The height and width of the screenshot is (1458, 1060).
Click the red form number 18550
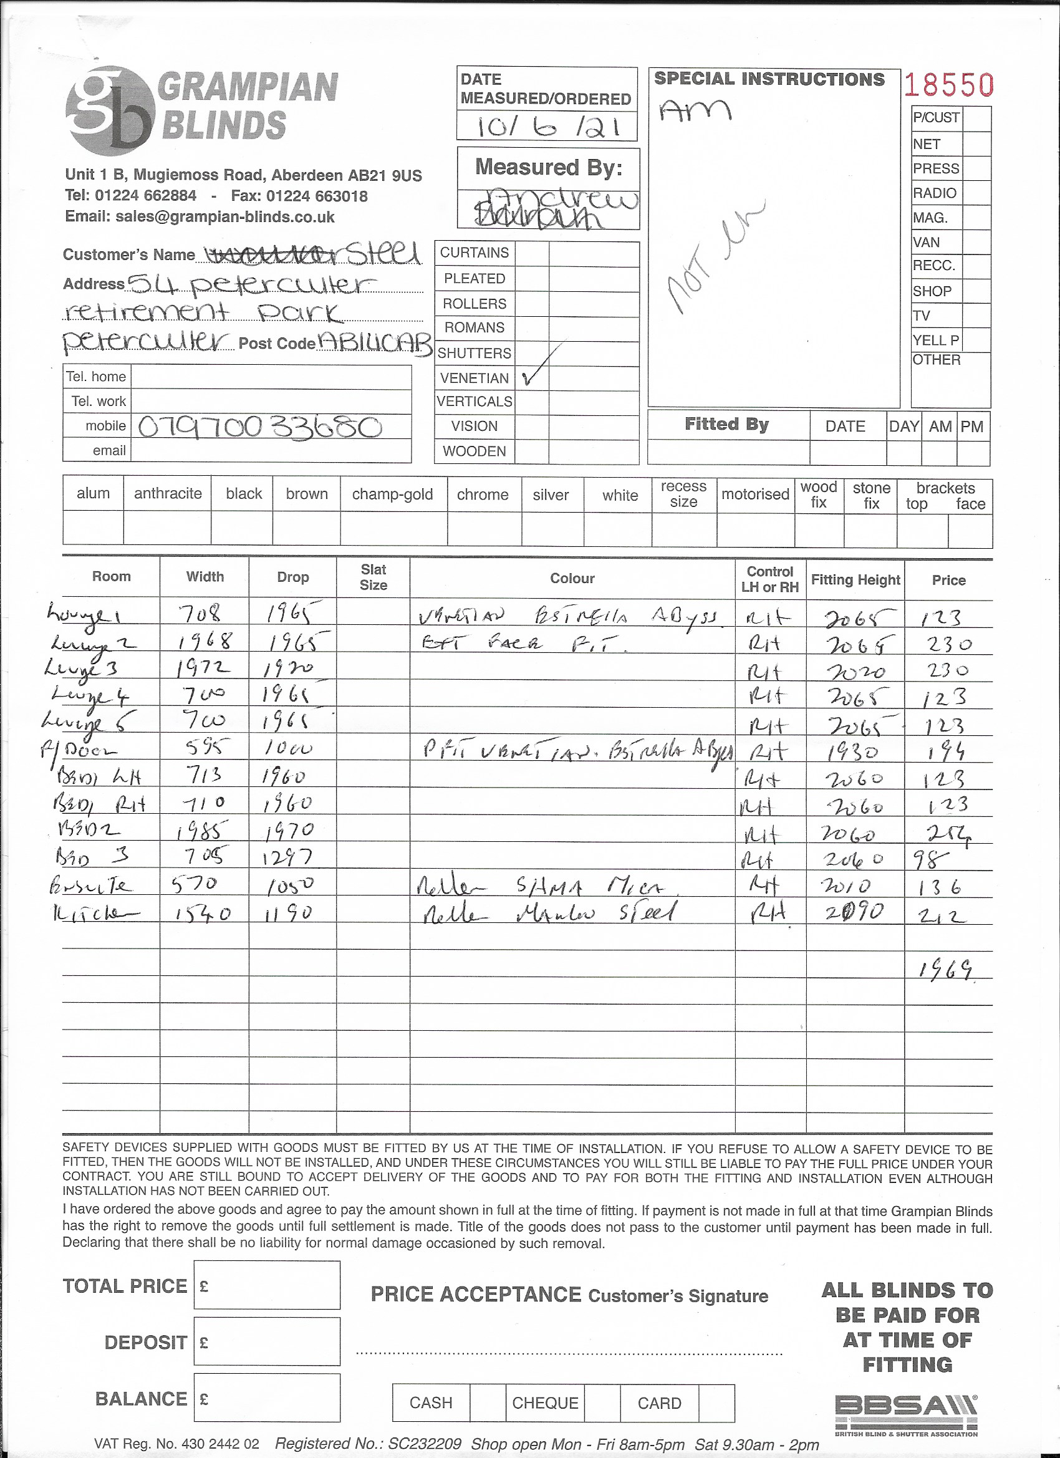[949, 85]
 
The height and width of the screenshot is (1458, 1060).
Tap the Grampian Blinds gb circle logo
[110, 110]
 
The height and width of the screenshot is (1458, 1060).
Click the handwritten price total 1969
[944, 970]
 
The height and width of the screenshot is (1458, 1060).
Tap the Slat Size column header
[373, 577]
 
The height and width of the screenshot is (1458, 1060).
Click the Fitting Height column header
[855, 579]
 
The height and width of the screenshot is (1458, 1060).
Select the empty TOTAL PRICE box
[267, 1285]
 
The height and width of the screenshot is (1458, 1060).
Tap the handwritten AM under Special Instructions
[694, 111]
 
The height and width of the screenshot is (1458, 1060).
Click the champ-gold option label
[392, 495]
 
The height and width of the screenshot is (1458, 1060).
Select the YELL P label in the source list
[935, 340]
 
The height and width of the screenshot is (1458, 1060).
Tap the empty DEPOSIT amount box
[267, 1341]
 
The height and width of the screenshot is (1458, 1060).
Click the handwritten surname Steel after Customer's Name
[383, 254]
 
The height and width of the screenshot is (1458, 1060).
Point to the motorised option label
[754, 494]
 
